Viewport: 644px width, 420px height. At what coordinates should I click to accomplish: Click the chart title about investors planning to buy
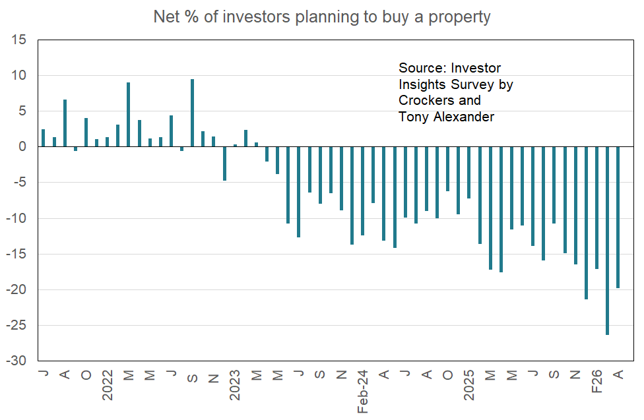pos(321,16)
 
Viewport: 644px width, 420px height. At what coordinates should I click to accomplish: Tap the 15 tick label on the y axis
pos(18,40)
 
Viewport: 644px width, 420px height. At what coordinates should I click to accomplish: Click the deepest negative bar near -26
pos(607,241)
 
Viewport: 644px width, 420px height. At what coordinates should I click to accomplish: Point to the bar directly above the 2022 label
pos(108,142)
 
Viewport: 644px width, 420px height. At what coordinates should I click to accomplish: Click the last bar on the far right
pos(618,217)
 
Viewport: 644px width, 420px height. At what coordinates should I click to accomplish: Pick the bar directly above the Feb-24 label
pos(362,191)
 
